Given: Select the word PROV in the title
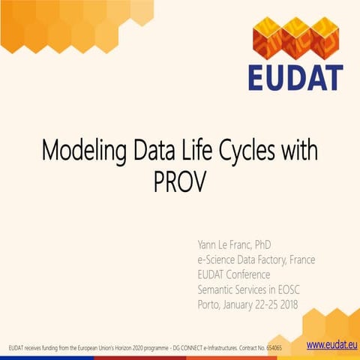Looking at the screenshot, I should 179,182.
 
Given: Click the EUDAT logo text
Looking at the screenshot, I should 295,77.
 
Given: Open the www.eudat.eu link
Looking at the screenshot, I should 331,344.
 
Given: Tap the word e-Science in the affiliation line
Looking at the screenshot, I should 217,259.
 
